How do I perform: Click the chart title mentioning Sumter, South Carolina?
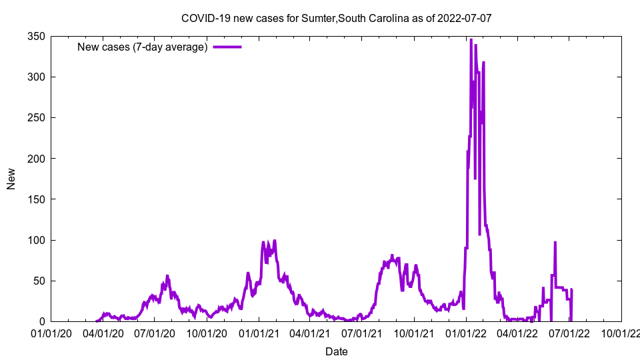336,18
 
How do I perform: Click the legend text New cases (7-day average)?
143,47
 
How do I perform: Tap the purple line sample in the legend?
227,47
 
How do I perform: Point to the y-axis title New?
11,179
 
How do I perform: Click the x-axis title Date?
336,351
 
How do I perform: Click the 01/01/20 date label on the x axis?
51,333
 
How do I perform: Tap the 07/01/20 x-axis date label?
155,333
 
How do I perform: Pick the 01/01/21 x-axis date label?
259,333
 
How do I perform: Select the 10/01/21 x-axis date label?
414,333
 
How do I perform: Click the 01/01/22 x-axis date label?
466,333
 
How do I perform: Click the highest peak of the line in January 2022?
471,40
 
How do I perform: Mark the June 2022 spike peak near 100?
555,243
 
